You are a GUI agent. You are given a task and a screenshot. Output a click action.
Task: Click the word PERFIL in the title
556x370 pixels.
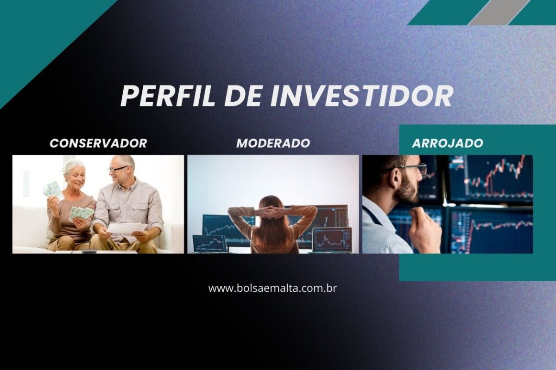[x=167, y=96]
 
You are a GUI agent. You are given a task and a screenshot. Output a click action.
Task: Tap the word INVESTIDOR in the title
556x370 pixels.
[x=361, y=96]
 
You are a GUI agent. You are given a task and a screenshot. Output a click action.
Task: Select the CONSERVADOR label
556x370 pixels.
[x=98, y=143]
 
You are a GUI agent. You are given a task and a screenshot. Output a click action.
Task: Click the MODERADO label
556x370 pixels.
[x=273, y=143]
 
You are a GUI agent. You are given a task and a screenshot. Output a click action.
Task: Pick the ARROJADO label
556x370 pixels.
[x=448, y=143]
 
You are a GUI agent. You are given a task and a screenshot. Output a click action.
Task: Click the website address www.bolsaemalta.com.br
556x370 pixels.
[x=272, y=288]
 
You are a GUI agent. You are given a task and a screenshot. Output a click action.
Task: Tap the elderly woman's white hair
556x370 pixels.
[x=73, y=166]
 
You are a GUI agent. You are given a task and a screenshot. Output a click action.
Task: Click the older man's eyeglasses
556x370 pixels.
[x=119, y=169]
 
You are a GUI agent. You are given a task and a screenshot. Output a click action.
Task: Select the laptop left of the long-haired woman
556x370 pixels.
[x=210, y=244]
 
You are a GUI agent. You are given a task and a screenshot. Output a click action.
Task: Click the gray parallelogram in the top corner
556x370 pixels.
[x=499, y=12]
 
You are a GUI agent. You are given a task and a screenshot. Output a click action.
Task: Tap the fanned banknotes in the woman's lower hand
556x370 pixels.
[x=81, y=213]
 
